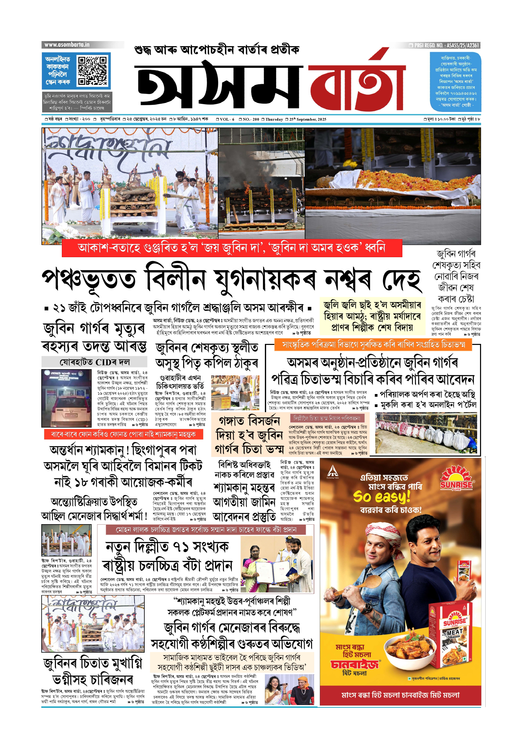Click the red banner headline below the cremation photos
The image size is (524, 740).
pyautogui.click(x=232, y=248)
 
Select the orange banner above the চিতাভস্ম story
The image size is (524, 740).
pyautogui.click(x=373, y=345)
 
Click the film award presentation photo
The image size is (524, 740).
pyautogui.click(x=277, y=564)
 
